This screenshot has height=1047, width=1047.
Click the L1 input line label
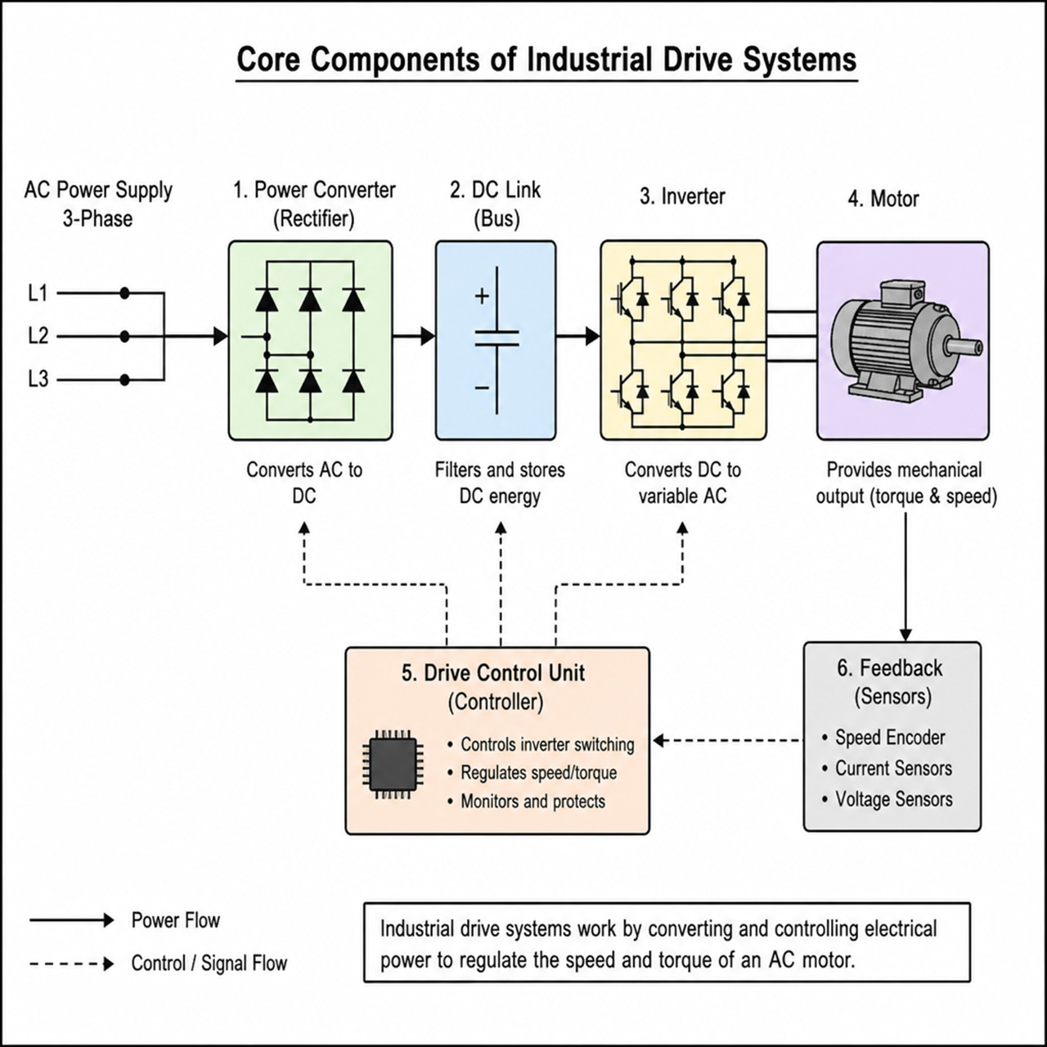(x=38, y=294)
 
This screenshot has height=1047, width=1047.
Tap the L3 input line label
(x=38, y=380)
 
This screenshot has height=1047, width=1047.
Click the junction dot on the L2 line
(x=124, y=337)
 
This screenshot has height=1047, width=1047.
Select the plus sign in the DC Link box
(x=482, y=296)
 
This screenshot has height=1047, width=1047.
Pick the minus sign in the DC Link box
(x=482, y=388)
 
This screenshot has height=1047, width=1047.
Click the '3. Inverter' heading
(x=682, y=196)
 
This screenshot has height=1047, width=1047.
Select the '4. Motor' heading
(x=883, y=199)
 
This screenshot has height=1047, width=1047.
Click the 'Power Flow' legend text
(x=176, y=920)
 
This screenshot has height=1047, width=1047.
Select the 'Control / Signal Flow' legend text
(x=209, y=964)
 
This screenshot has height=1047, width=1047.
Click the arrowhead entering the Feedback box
(x=905, y=635)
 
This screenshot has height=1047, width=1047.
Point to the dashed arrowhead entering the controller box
(x=659, y=740)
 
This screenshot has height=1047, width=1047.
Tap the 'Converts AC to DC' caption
(x=304, y=483)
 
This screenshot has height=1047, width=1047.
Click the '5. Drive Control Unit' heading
(x=493, y=673)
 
